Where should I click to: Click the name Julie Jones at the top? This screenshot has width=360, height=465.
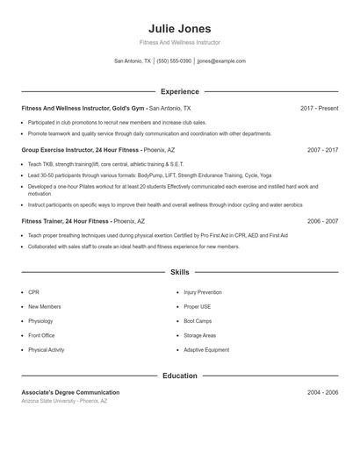179,29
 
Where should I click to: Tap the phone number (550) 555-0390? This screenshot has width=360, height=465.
174,61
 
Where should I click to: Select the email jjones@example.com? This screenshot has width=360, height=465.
221,61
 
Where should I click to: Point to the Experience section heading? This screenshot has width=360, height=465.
179,91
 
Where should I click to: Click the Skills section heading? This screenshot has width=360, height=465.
179,273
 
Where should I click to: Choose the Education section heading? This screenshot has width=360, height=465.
179,376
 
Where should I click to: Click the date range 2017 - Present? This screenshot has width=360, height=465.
319,108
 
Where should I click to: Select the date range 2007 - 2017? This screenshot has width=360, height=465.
322,150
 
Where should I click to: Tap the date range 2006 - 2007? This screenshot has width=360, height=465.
322,222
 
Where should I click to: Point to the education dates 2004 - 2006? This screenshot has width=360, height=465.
322,392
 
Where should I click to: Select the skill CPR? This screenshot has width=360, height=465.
33,292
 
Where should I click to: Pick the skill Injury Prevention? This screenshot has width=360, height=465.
203,292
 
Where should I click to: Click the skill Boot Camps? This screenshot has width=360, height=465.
198,321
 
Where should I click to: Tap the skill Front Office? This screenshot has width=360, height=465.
41,335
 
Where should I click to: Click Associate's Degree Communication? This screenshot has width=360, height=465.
70,392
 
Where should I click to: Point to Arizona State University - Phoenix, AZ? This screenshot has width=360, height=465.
64,401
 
